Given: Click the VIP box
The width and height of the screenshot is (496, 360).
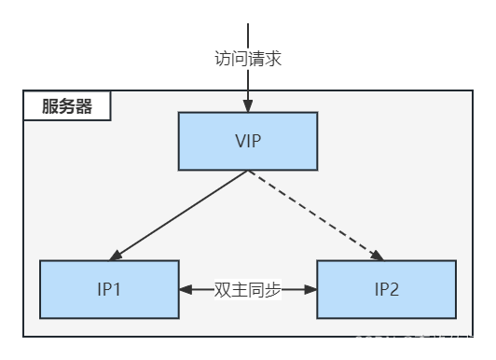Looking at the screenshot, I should click(248, 141).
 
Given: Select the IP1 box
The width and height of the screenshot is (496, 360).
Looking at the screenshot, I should click(109, 289).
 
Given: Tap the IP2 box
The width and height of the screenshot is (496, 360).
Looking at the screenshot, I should click(387, 289).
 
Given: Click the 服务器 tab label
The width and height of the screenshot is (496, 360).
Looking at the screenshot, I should click(67, 106).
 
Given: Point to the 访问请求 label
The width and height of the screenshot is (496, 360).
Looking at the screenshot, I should click(247, 59).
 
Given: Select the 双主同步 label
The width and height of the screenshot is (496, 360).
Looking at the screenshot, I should click(247, 289).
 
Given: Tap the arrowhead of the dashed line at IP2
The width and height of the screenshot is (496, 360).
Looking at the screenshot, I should click(379, 255).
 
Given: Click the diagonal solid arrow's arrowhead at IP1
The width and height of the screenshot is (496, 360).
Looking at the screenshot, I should click(117, 255).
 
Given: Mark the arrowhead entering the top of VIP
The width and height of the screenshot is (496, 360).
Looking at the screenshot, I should click(248, 106).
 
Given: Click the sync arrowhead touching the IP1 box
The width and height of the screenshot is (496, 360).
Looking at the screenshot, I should click(185, 289).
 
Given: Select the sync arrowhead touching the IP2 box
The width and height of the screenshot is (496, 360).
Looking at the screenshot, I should click(310, 289).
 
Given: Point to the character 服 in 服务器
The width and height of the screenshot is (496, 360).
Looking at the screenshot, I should click(50, 106).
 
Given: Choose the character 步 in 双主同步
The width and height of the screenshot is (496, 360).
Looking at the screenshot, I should click(271, 289).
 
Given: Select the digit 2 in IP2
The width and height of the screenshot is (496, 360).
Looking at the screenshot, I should click(395, 289).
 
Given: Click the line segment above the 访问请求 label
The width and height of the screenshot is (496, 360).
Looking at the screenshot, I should click(248, 34).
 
